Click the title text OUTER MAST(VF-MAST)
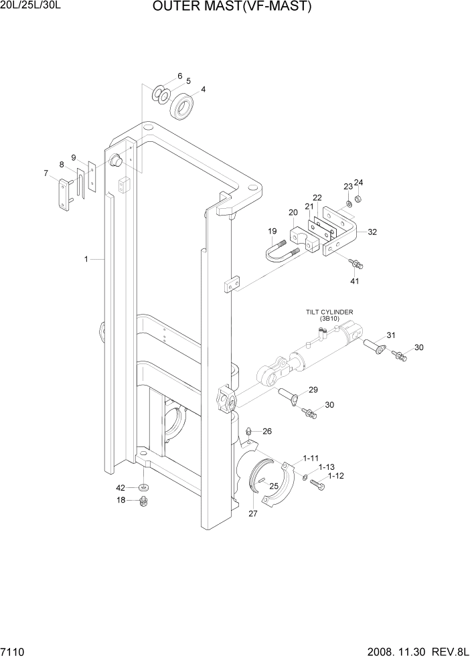click(232, 7)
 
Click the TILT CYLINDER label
click(329, 313)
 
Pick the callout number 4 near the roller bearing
click(203, 90)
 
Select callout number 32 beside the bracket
click(372, 233)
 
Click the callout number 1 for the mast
click(86, 258)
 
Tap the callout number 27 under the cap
click(253, 514)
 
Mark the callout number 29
click(313, 390)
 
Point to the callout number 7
click(46, 174)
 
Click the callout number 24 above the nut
click(358, 182)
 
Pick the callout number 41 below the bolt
click(354, 280)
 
